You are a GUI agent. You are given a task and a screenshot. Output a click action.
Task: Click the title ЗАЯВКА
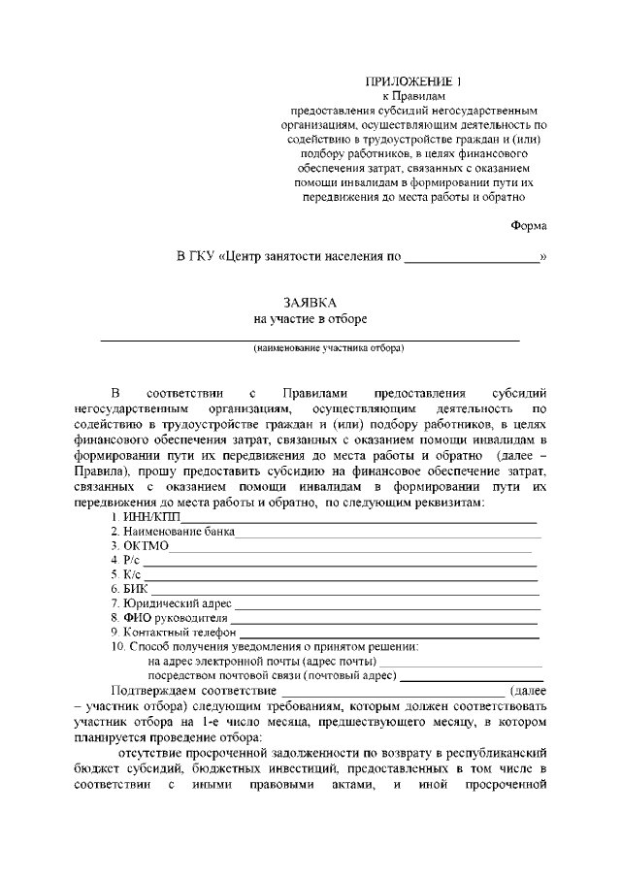coord(310,303)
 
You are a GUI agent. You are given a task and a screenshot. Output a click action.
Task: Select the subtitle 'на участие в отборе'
coord(310,318)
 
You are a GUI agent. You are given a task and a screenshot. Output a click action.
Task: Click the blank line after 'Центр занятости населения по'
coord(471,259)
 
